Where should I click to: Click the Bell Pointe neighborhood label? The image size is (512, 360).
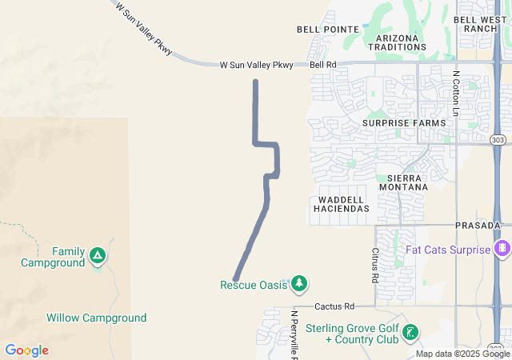click(328, 30)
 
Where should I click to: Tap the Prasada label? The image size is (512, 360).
click(478, 226)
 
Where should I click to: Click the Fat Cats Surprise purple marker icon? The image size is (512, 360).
click(503, 250)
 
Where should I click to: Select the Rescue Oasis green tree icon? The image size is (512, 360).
click(299, 283)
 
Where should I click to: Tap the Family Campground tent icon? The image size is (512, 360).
click(97, 256)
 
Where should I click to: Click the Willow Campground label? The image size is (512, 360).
click(96, 318)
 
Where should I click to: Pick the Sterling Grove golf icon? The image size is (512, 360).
click(410, 333)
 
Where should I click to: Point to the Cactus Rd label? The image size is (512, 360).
click(334, 306)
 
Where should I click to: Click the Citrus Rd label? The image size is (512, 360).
click(374, 266)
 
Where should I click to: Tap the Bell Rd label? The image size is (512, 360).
click(323, 65)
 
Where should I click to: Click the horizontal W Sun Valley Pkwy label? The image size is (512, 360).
click(256, 65)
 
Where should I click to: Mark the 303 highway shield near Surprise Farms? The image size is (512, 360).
click(498, 140)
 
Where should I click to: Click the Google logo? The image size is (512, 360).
click(26, 350)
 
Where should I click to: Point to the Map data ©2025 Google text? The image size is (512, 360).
click(462, 354)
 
